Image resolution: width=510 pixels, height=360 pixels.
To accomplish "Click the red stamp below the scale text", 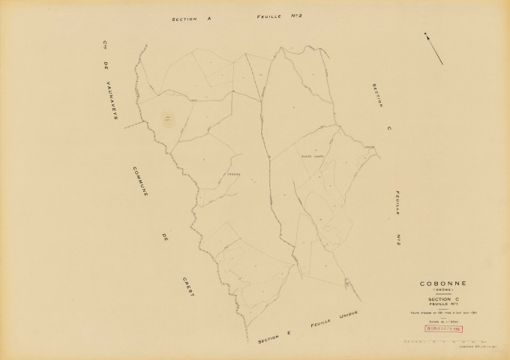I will pos(443,328).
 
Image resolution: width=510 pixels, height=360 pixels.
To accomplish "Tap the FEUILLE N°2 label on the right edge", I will pos(394,217).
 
